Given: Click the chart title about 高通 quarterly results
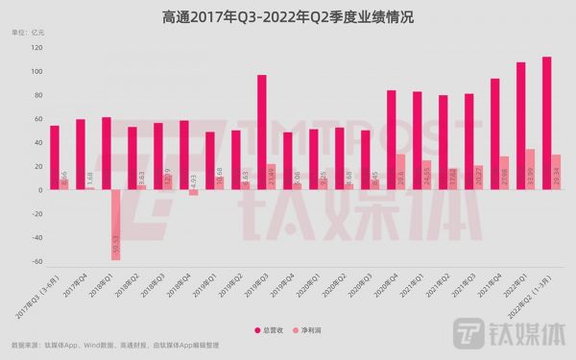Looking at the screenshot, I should (287, 16).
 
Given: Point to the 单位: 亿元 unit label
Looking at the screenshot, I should (28, 34).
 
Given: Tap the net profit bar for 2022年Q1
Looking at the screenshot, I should (531, 170).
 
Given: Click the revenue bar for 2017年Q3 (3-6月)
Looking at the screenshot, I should (55, 157).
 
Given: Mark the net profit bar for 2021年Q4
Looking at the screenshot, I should (505, 173).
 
